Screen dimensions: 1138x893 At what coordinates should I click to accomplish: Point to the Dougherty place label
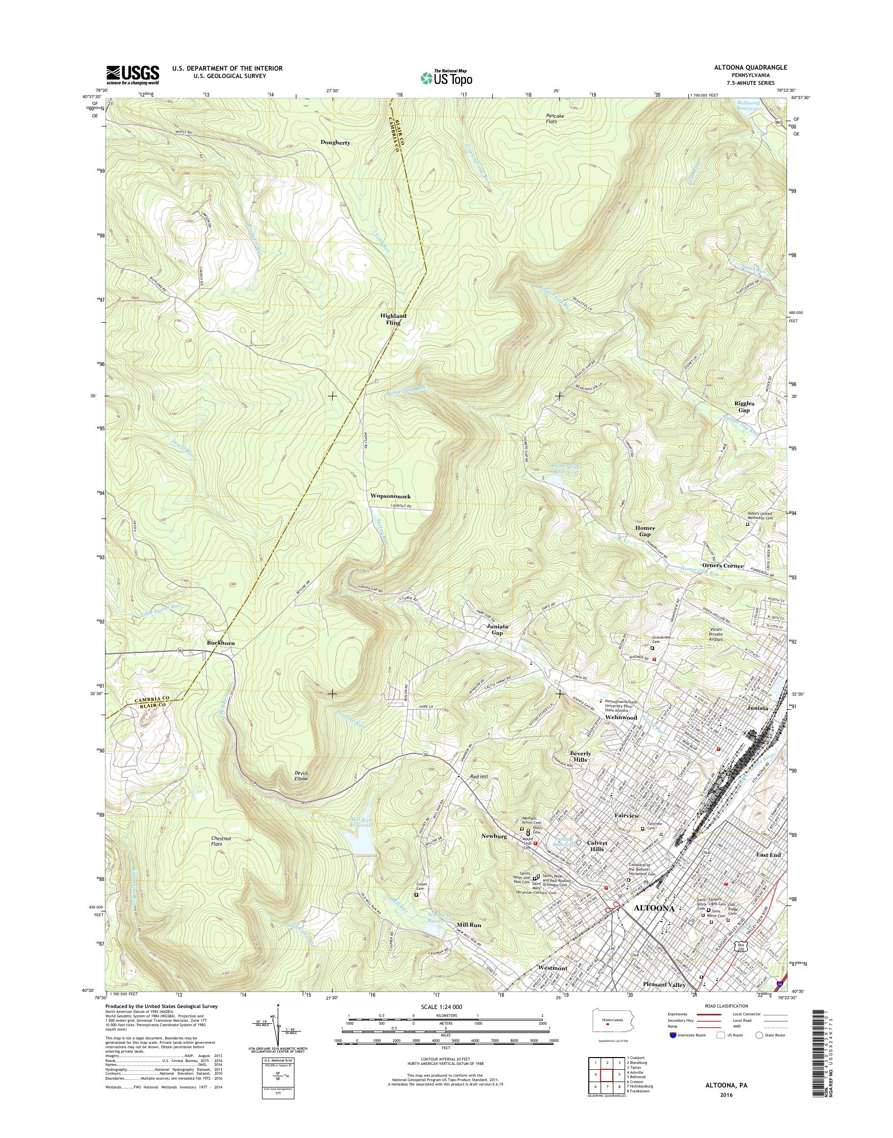click(335, 142)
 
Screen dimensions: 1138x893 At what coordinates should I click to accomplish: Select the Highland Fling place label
click(393, 319)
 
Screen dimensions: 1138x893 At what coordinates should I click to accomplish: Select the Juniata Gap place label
click(497, 629)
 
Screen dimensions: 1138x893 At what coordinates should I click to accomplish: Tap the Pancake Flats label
click(549, 118)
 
